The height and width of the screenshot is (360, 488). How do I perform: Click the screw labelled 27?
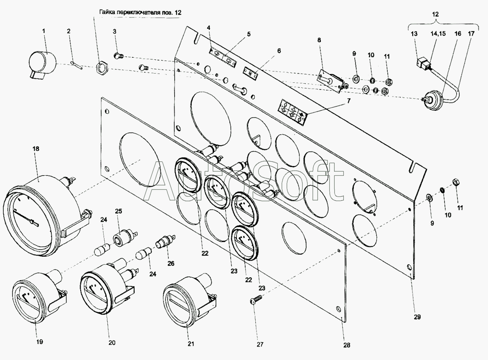[x=256, y=301]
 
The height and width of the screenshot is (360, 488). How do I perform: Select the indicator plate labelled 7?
[x=292, y=111]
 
